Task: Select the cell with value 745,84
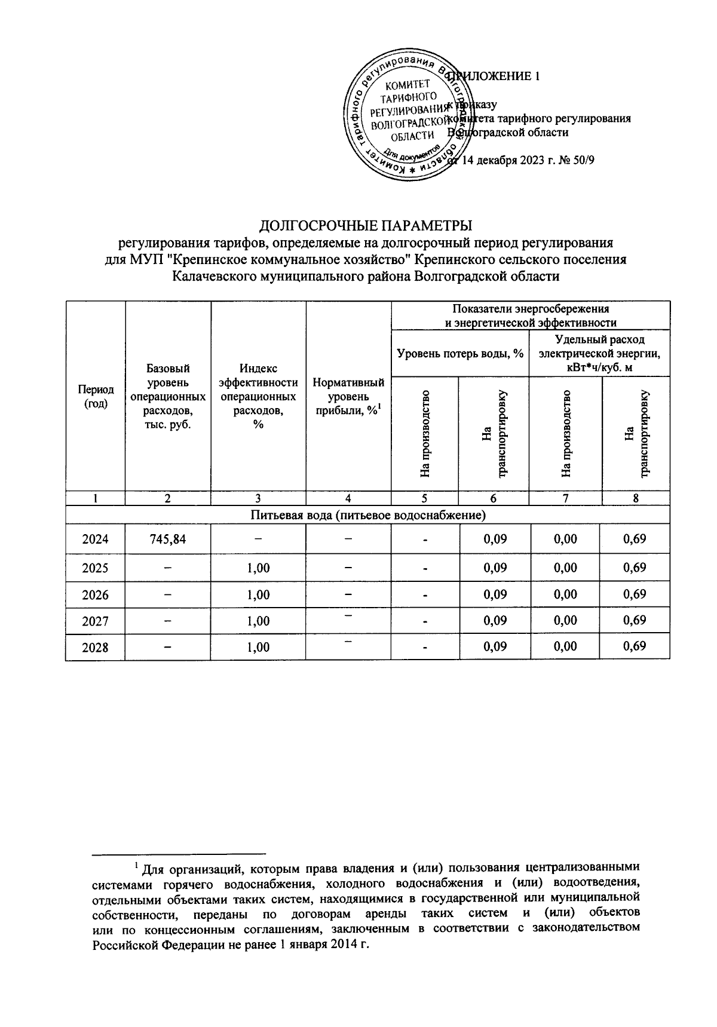[x=168, y=539]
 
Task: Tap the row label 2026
[x=95, y=595]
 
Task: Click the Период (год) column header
[x=95, y=396]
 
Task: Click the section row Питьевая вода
[x=367, y=514]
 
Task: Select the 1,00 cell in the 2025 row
[x=258, y=568]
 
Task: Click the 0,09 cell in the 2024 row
[x=494, y=539]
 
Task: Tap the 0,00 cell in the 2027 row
[x=565, y=621]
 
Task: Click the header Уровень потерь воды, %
[x=460, y=354]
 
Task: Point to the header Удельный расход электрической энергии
[x=599, y=353]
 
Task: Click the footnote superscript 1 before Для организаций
[x=136, y=864]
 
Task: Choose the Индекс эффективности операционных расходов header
[x=258, y=396]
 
